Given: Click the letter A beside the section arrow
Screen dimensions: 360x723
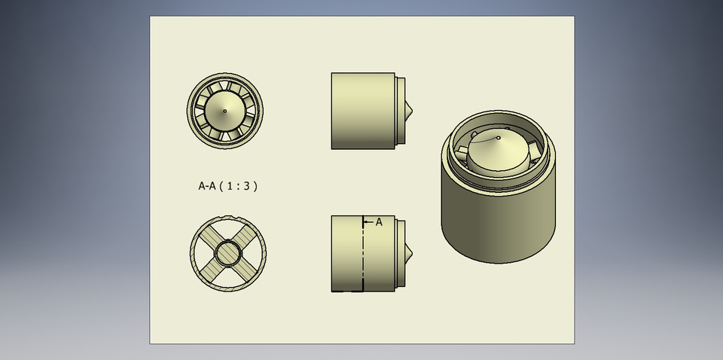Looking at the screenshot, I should [379, 222].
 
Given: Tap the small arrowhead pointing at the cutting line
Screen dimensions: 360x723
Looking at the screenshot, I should [367, 222].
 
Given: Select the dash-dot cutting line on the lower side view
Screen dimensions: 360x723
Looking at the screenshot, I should [363, 256].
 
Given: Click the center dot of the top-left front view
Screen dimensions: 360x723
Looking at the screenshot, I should [224, 111].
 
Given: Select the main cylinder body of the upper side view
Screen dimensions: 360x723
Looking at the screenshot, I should [362, 111].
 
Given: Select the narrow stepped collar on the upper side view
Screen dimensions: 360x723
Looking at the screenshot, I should [400, 111].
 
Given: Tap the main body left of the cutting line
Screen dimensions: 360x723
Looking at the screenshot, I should [346, 254].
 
